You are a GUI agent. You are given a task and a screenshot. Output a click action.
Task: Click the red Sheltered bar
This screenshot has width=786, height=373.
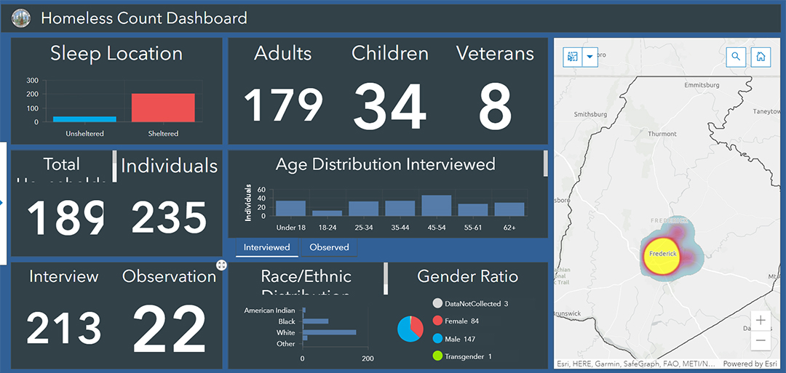(163, 108)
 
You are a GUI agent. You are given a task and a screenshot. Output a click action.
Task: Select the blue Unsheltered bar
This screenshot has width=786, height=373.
(84, 119)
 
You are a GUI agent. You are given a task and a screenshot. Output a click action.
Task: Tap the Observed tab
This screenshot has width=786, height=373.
(329, 247)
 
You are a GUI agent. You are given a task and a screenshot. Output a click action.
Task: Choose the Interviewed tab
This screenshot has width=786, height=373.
(266, 247)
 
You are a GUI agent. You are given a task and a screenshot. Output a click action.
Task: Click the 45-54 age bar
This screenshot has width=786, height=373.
(436, 206)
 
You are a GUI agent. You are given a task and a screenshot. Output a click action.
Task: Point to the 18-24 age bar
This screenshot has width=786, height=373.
(327, 213)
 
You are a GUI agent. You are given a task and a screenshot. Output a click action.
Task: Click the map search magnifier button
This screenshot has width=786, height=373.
(736, 57)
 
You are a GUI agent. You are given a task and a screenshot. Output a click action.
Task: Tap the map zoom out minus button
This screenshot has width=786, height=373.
(761, 340)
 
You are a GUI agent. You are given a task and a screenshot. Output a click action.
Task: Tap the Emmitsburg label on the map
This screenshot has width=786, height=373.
(702, 85)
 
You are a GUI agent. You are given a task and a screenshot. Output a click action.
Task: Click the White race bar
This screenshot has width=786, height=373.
(330, 332)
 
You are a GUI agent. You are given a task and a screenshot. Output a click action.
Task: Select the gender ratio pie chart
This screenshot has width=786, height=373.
(410, 329)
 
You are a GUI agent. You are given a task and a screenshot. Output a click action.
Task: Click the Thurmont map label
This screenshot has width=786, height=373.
(662, 134)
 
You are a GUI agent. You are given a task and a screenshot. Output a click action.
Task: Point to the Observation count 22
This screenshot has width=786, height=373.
(170, 329)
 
